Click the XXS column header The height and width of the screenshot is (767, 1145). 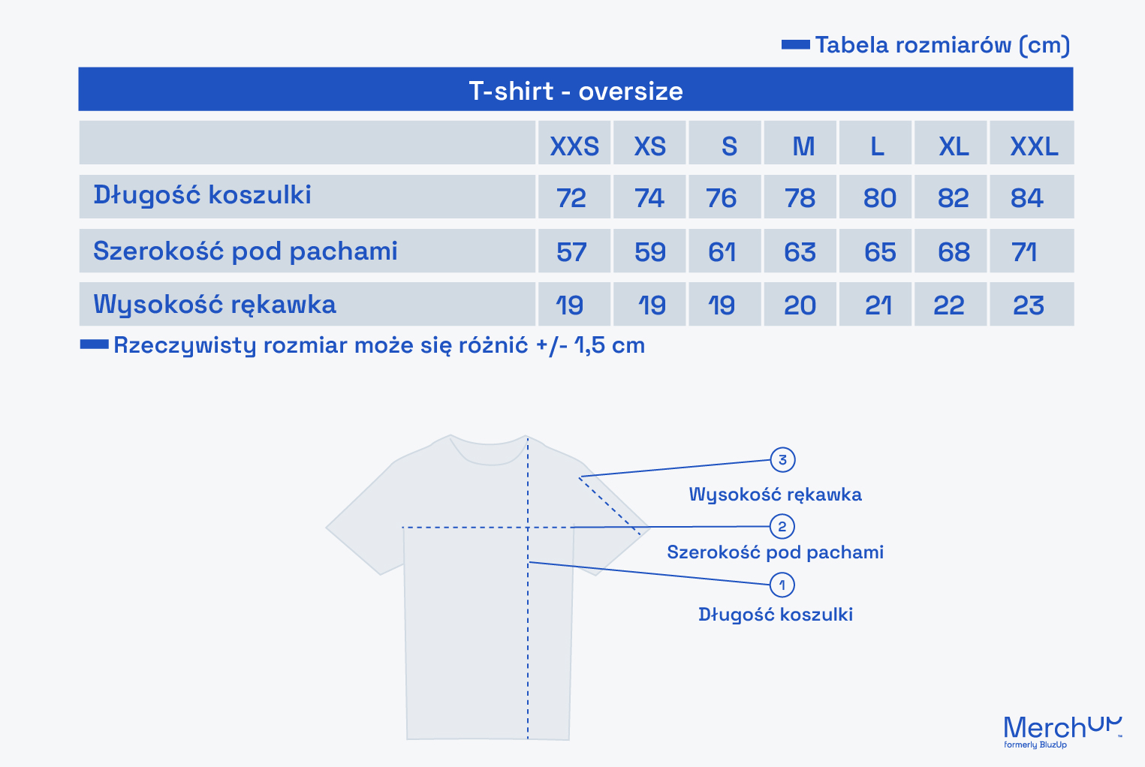pyautogui.click(x=574, y=146)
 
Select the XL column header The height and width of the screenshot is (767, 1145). pyautogui.click(x=954, y=146)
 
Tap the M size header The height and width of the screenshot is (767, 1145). pyautogui.click(x=803, y=146)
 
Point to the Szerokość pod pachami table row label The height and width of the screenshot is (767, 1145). pyautogui.click(x=246, y=251)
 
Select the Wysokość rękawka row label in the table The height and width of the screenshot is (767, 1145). pyautogui.click(x=215, y=305)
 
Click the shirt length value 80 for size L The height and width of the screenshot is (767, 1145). pyautogui.click(x=880, y=198)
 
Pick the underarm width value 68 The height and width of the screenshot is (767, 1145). pyautogui.click(x=954, y=252)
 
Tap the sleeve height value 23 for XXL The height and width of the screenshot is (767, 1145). pyautogui.click(x=1029, y=305)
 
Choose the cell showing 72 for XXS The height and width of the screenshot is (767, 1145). pyautogui.click(x=571, y=198)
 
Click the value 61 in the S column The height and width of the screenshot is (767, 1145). pyautogui.click(x=722, y=252)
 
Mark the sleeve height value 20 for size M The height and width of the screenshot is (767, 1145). pyautogui.click(x=800, y=305)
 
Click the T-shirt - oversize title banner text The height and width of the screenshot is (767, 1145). pyautogui.click(x=576, y=92)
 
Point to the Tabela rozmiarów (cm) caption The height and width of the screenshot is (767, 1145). pyautogui.click(x=942, y=45)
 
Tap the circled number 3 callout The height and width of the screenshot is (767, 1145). pyautogui.click(x=782, y=460)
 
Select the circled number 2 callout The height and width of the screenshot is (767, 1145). pyautogui.click(x=782, y=526)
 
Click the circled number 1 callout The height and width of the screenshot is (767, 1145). pyautogui.click(x=782, y=585)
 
